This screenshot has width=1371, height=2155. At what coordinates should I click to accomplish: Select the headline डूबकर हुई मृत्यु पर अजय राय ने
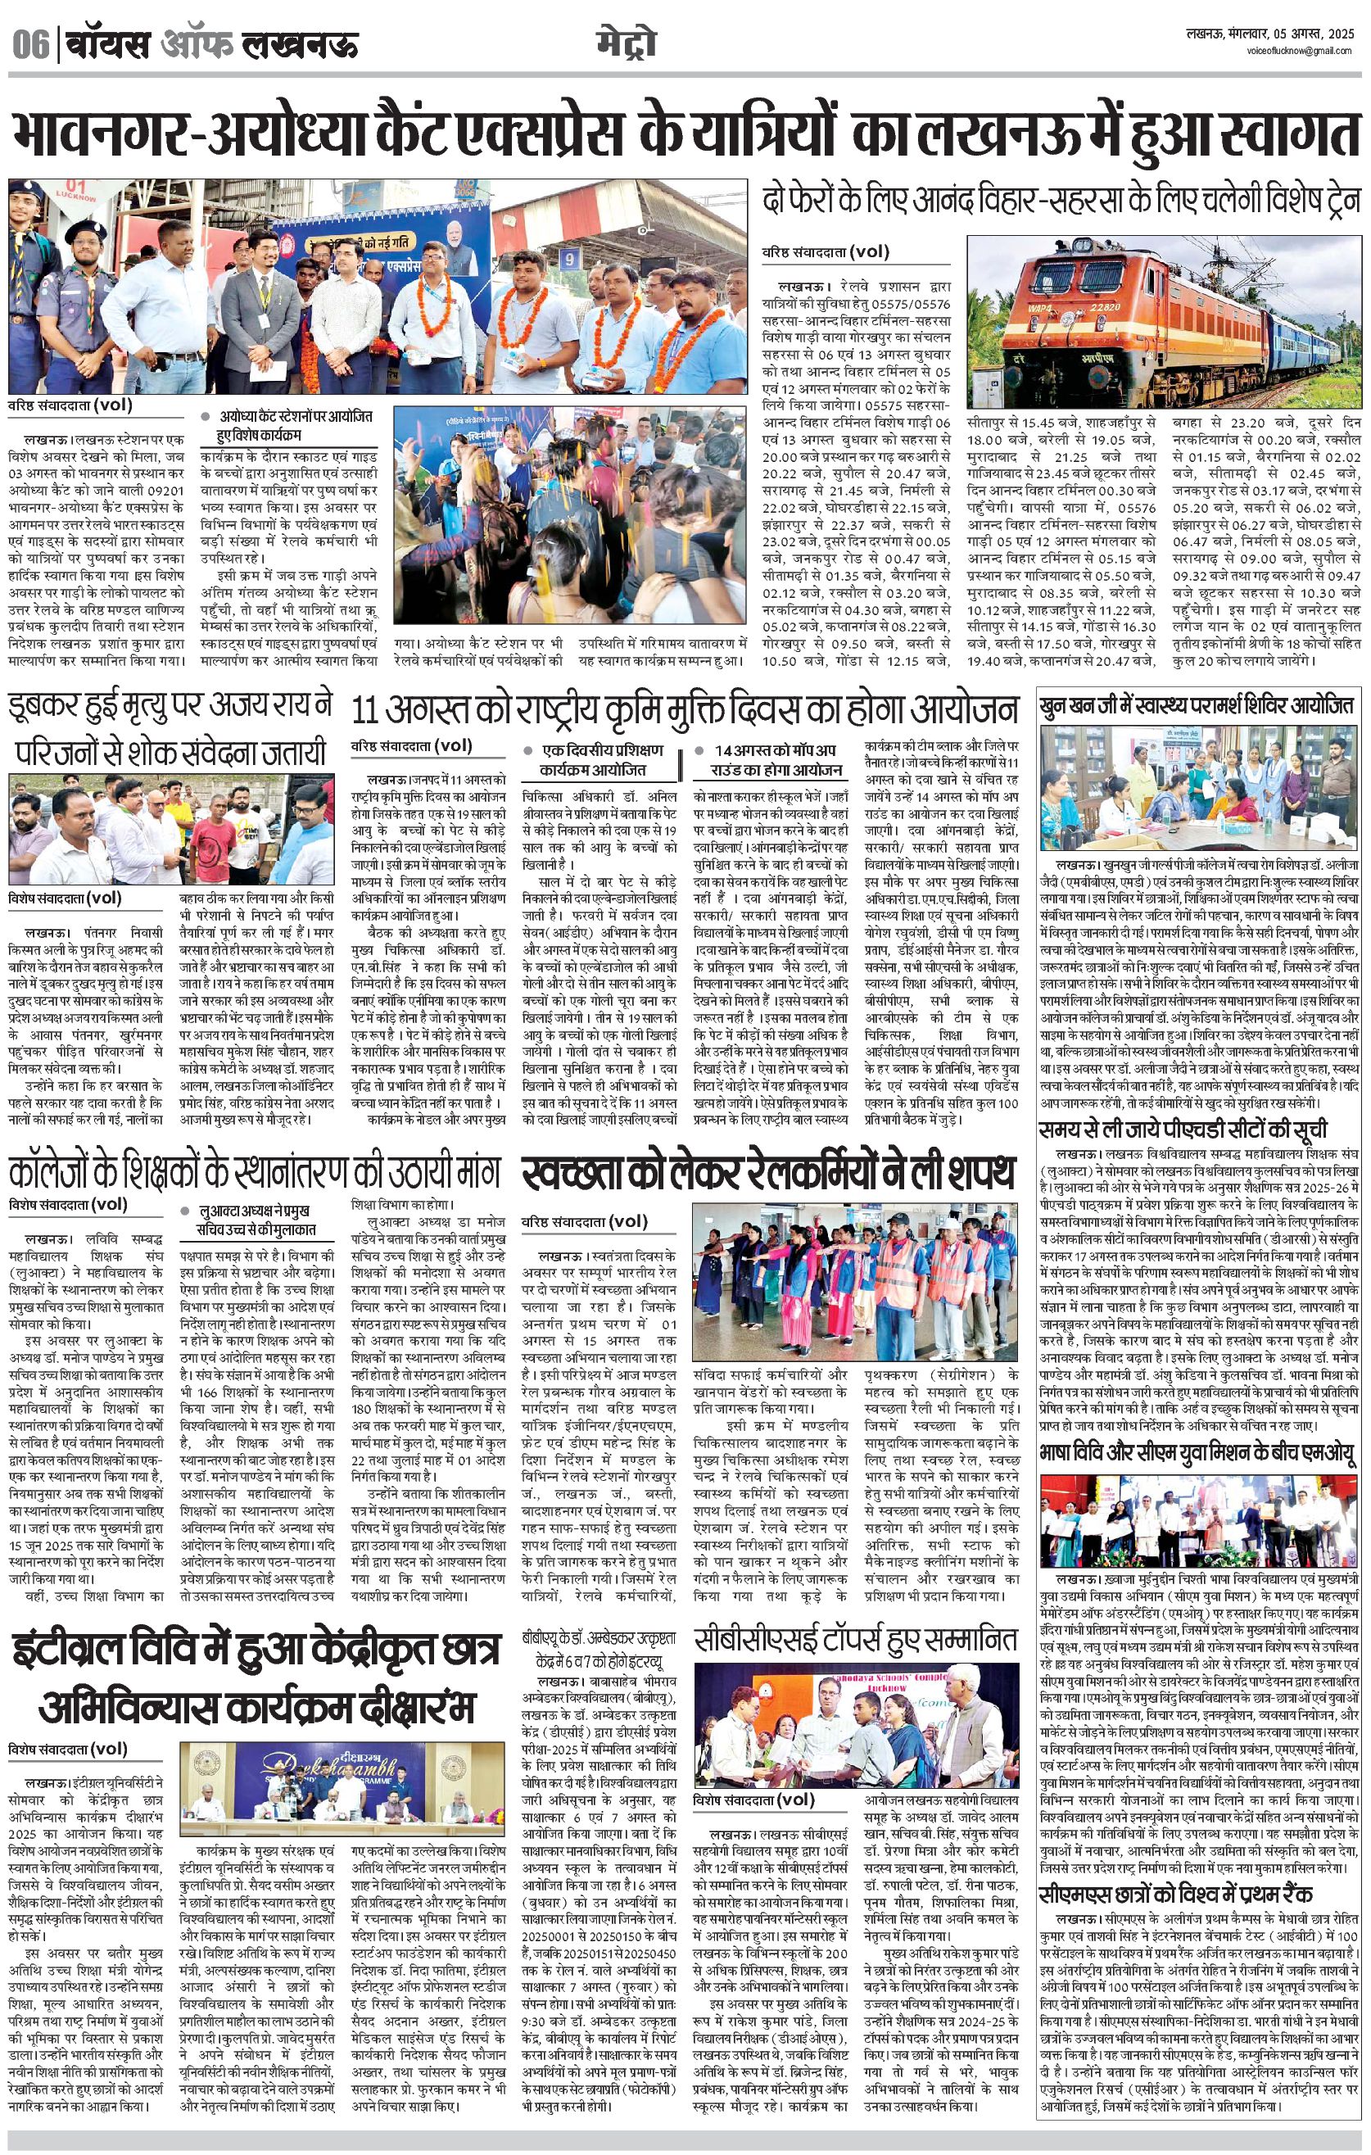point(170,707)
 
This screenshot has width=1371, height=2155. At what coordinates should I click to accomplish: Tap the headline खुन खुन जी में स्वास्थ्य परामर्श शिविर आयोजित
point(1197,705)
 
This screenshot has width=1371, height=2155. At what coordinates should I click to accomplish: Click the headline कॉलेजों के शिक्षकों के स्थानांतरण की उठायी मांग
point(254,1171)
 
